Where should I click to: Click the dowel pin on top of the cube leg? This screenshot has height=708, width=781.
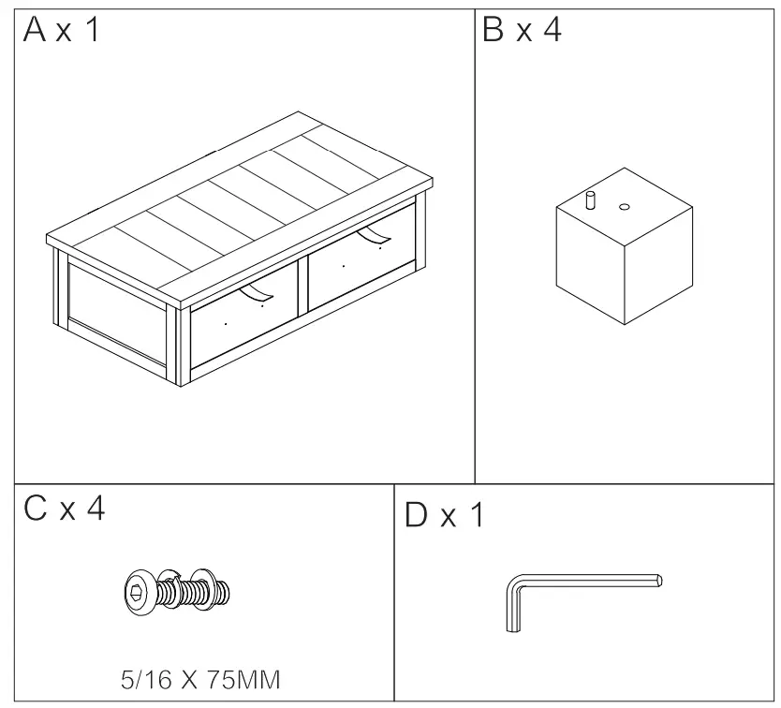(591, 199)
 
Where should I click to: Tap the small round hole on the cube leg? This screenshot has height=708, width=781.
(625, 204)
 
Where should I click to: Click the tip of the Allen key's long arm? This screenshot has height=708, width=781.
(660, 581)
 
